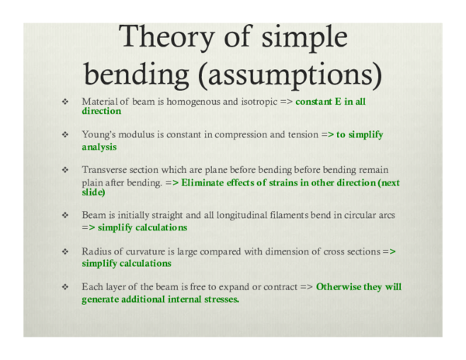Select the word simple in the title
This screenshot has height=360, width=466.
(x=303, y=36)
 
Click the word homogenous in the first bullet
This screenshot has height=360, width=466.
(x=180, y=102)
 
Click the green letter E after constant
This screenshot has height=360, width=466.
(x=340, y=102)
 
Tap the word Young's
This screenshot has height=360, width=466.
(x=99, y=134)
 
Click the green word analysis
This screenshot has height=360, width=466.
(x=99, y=146)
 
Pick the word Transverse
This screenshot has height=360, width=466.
(x=103, y=169)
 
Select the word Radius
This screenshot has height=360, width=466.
(x=97, y=251)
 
